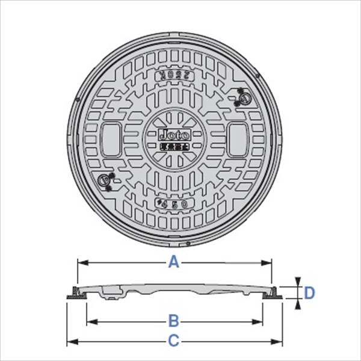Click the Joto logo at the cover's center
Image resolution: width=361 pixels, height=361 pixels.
click(x=173, y=135)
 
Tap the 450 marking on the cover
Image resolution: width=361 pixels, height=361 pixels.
click(x=174, y=204)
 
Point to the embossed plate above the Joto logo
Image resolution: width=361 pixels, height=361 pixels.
click(x=174, y=77)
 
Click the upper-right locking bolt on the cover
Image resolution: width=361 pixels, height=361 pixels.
click(x=243, y=96)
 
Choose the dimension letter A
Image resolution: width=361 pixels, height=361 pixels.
click(x=174, y=262)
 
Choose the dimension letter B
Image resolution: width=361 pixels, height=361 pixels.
click(x=174, y=319)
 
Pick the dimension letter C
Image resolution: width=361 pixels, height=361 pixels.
click(x=174, y=341)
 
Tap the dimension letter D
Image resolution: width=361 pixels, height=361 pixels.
click(x=309, y=293)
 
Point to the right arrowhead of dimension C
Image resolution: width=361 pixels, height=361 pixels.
click(x=279, y=341)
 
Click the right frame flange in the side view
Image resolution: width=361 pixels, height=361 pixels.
click(x=275, y=294)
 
